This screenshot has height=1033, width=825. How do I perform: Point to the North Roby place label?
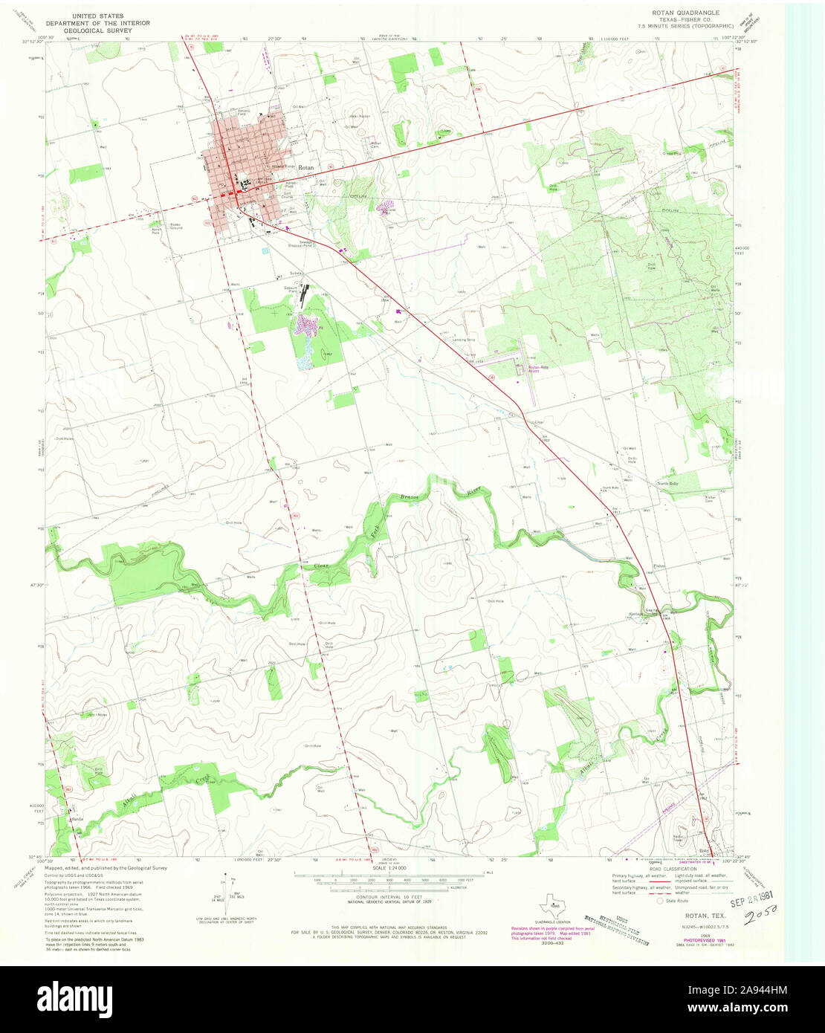pyautogui.click(x=667, y=484)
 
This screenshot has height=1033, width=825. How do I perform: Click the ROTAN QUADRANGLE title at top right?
pyautogui.click(x=693, y=13)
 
